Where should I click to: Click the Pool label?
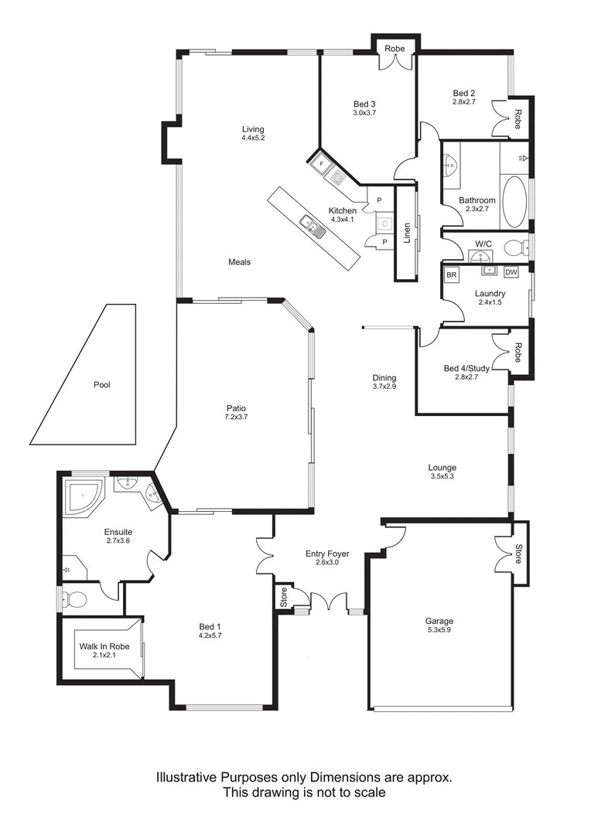101,384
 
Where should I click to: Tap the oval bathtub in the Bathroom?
514,202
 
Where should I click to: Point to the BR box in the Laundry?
452,274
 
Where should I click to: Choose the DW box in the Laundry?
511,272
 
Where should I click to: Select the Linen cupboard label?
408,233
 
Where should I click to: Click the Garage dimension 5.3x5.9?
439,631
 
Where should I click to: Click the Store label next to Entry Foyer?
284,598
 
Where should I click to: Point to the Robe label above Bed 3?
395,49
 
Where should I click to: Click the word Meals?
239,262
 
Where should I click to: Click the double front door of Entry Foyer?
329,602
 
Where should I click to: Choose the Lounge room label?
442,468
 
